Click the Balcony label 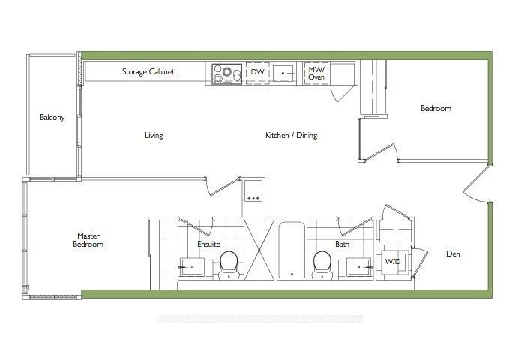(52, 118)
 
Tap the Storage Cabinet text (148, 72)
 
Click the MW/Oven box (315, 72)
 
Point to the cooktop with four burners (223, 73)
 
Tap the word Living (154, 136)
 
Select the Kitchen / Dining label (291, 136)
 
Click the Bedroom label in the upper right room (436, 109)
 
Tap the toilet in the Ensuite (229, 264)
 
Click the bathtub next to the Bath (291, 250)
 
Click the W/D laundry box (392, 262)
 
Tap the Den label (453, 254)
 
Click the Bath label (342, 244)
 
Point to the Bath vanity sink (359, 266)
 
